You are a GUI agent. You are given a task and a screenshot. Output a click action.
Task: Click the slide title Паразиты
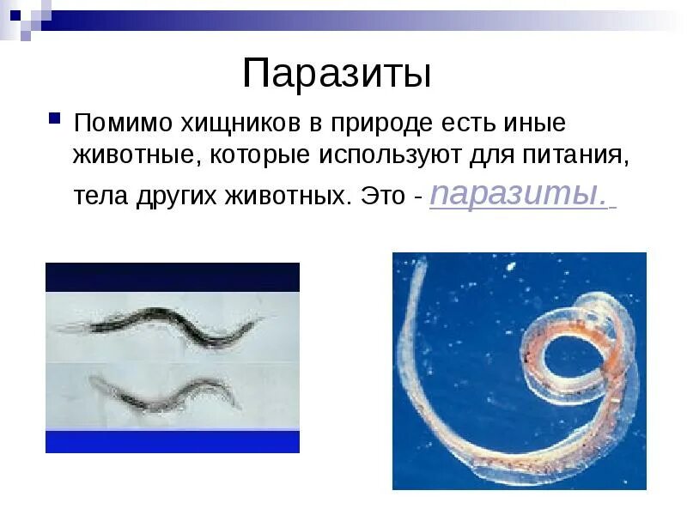click(336, 74)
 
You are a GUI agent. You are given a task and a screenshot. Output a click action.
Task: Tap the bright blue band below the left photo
click(172, 441)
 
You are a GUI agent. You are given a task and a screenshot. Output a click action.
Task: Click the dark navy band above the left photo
click(172, 277)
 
